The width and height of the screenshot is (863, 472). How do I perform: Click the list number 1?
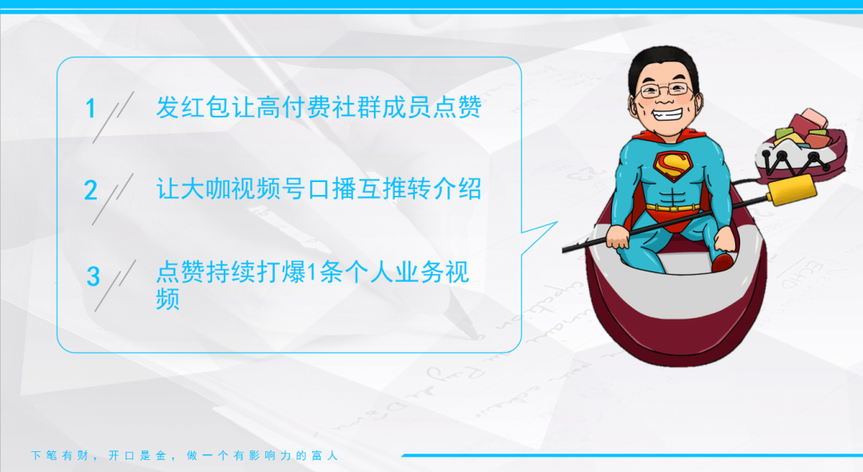91,109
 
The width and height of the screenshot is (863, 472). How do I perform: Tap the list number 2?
91,190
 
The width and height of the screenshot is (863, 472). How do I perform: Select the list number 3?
93,276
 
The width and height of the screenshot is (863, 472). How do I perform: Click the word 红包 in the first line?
193,107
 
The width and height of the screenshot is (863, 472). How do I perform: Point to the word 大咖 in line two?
193,188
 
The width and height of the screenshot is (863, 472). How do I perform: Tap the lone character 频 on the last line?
168,299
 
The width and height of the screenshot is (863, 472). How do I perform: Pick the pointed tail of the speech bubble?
557,222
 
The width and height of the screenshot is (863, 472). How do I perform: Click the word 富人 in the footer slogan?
324,455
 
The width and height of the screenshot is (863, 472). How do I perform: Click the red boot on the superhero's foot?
722,262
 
